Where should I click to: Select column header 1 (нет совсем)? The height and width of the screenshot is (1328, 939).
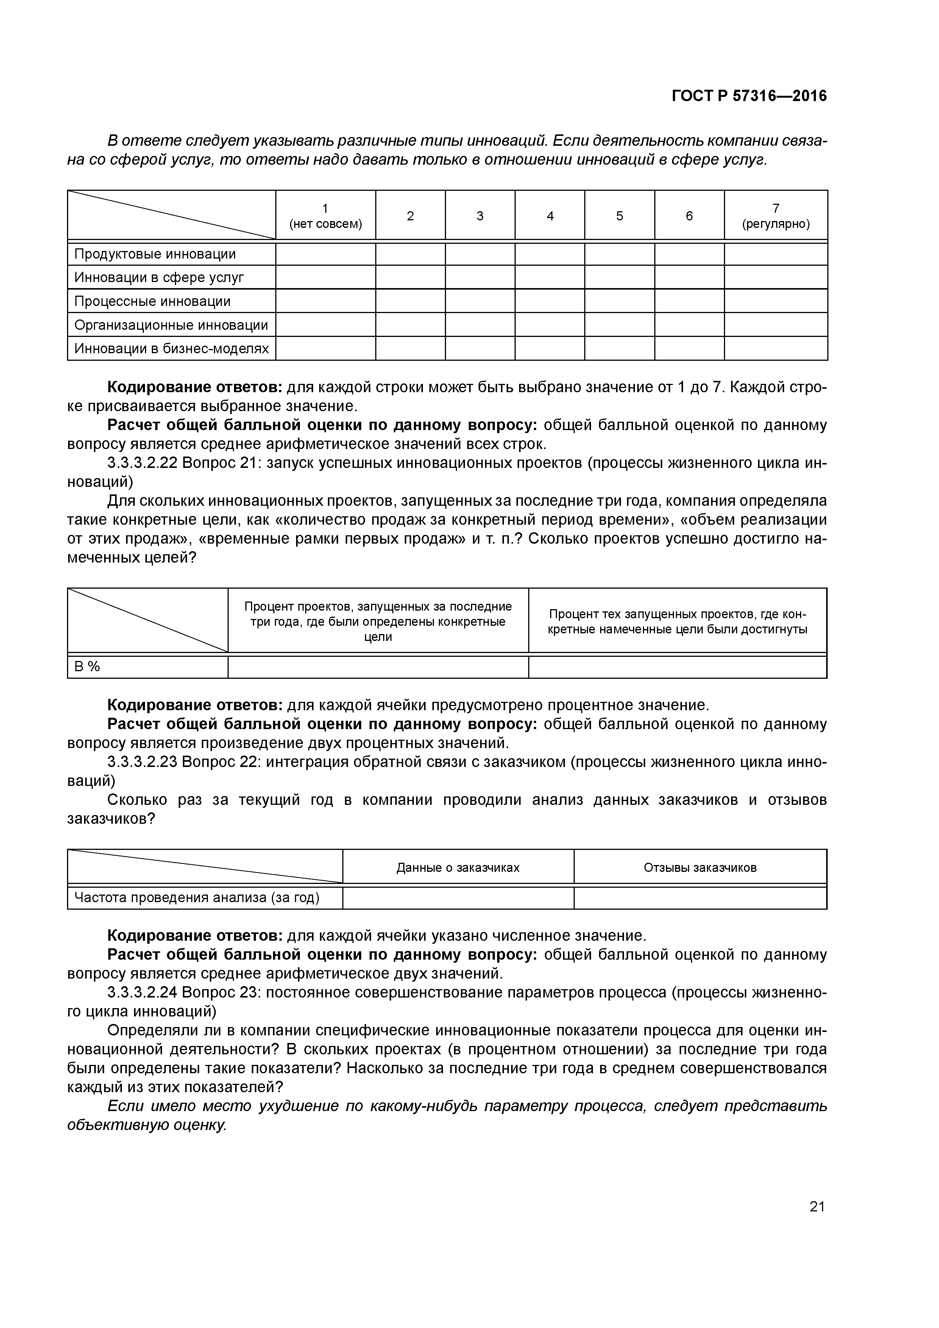(x=325, y=216)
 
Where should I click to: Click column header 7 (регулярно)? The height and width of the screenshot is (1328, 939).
(x=775, y=216)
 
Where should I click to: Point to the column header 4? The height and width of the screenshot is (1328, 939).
(x=550, y=216)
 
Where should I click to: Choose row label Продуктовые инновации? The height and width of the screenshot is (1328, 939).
(x=155, y=254)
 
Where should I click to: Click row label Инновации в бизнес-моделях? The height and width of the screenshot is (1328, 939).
(x=171, y=348)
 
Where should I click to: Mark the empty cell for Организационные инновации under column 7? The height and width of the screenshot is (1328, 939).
(x=775, y=324)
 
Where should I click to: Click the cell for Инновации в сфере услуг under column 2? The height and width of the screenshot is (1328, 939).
(x=410, y=277)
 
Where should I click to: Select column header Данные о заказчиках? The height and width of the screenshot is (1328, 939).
(x=458, y=868)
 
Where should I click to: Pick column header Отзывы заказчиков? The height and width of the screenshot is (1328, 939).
(x=700, y=868)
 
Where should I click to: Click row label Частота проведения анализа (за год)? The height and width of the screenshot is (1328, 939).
(x=197, y=897)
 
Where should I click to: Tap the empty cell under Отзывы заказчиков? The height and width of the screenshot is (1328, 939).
(x=700, y=898)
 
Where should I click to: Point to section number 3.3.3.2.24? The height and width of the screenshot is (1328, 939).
(x=142, y=993)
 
